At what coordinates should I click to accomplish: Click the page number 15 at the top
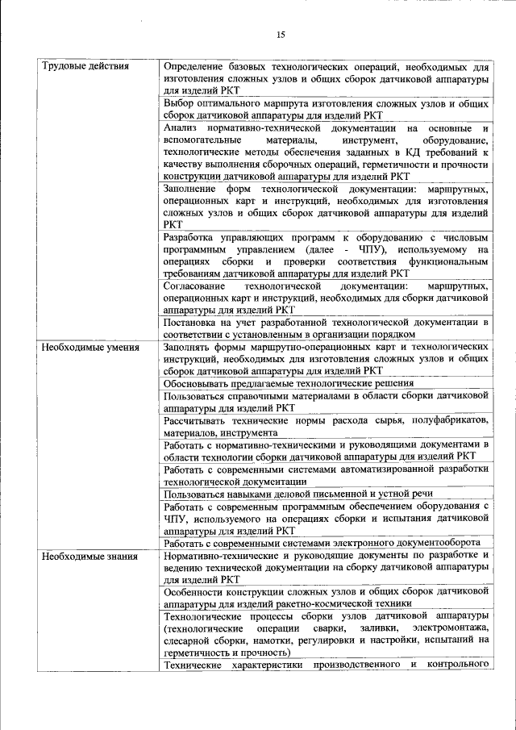(x=281, y=35)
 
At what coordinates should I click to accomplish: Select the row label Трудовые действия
(x=85, y=65)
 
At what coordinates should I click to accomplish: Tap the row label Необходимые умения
(x=89, y=348)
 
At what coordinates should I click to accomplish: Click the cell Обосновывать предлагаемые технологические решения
(x=288, y=383)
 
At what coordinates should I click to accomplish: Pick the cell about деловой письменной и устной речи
(x=298, y=493)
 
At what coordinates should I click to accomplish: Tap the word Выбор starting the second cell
(x=178, y=103)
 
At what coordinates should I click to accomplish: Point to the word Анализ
(x=181, y=128)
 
